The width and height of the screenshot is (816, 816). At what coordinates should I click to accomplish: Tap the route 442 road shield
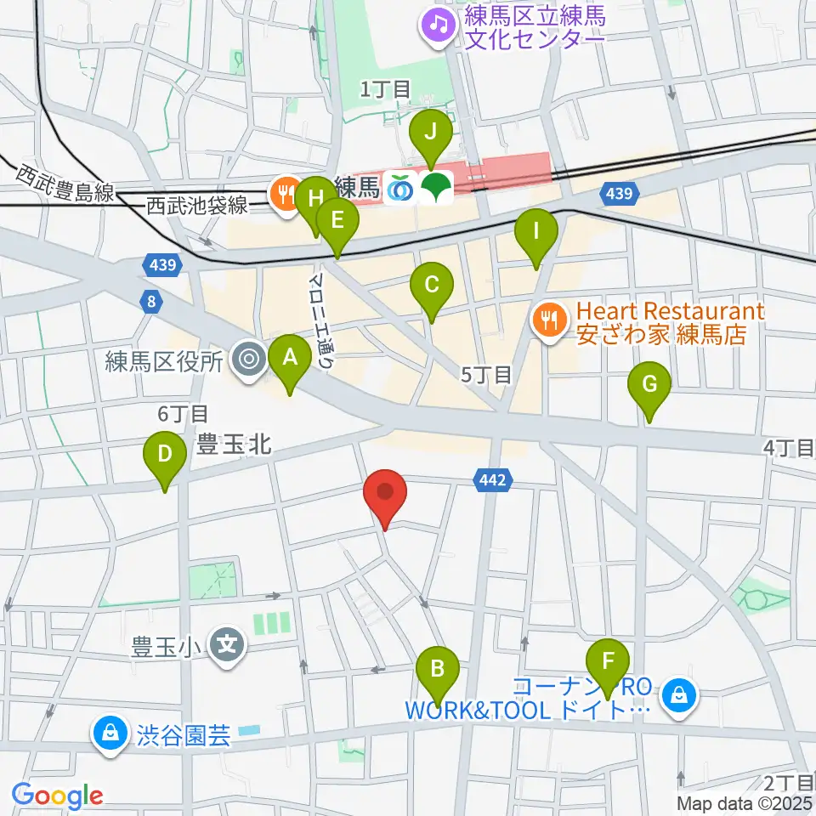(x=492, y=481)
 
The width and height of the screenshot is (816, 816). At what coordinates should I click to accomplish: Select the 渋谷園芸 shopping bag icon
(x=110, y=733)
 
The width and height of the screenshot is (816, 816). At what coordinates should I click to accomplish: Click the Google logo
(x=58, y=796)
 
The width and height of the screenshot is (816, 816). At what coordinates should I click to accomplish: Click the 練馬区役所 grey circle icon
(x=248, y=361)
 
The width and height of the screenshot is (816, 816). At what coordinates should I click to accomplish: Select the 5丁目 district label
(x=485, y=374)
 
